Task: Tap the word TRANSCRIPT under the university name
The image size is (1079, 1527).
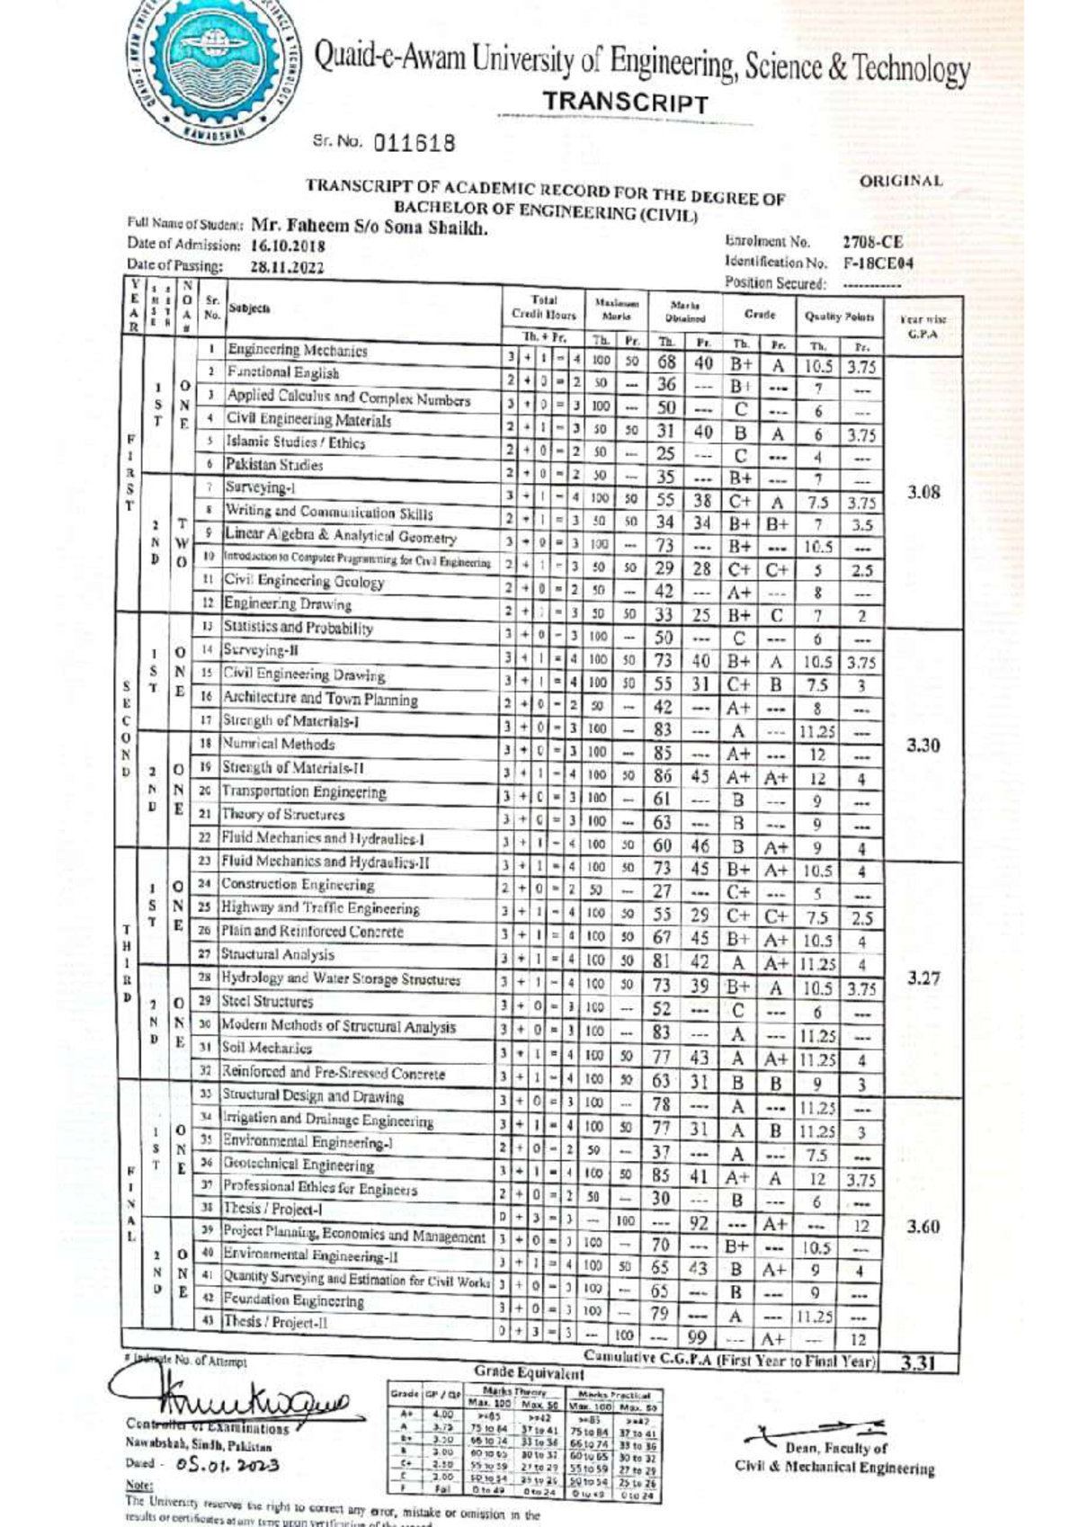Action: (x=625, y=103)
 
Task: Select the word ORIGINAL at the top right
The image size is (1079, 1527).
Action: (x=901, y=181)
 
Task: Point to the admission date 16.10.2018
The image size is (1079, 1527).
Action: (x=288, y=246)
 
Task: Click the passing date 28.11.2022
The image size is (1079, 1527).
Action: (x=287, y=267)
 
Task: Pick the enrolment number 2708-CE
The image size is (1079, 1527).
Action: (x=872, y=242)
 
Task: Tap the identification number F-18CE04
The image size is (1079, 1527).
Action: (x=878, y=263)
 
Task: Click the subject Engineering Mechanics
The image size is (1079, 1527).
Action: (x=297, y=350)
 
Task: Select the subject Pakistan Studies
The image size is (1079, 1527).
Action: (x=273, y=465)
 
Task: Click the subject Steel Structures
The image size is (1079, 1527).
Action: (x=267, y=1001)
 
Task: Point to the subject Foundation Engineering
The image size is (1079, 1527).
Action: (x=293, y=1300)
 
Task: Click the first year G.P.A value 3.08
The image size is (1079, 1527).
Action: (x=923, y=492)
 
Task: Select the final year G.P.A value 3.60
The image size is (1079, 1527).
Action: (x=923, y=1227)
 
